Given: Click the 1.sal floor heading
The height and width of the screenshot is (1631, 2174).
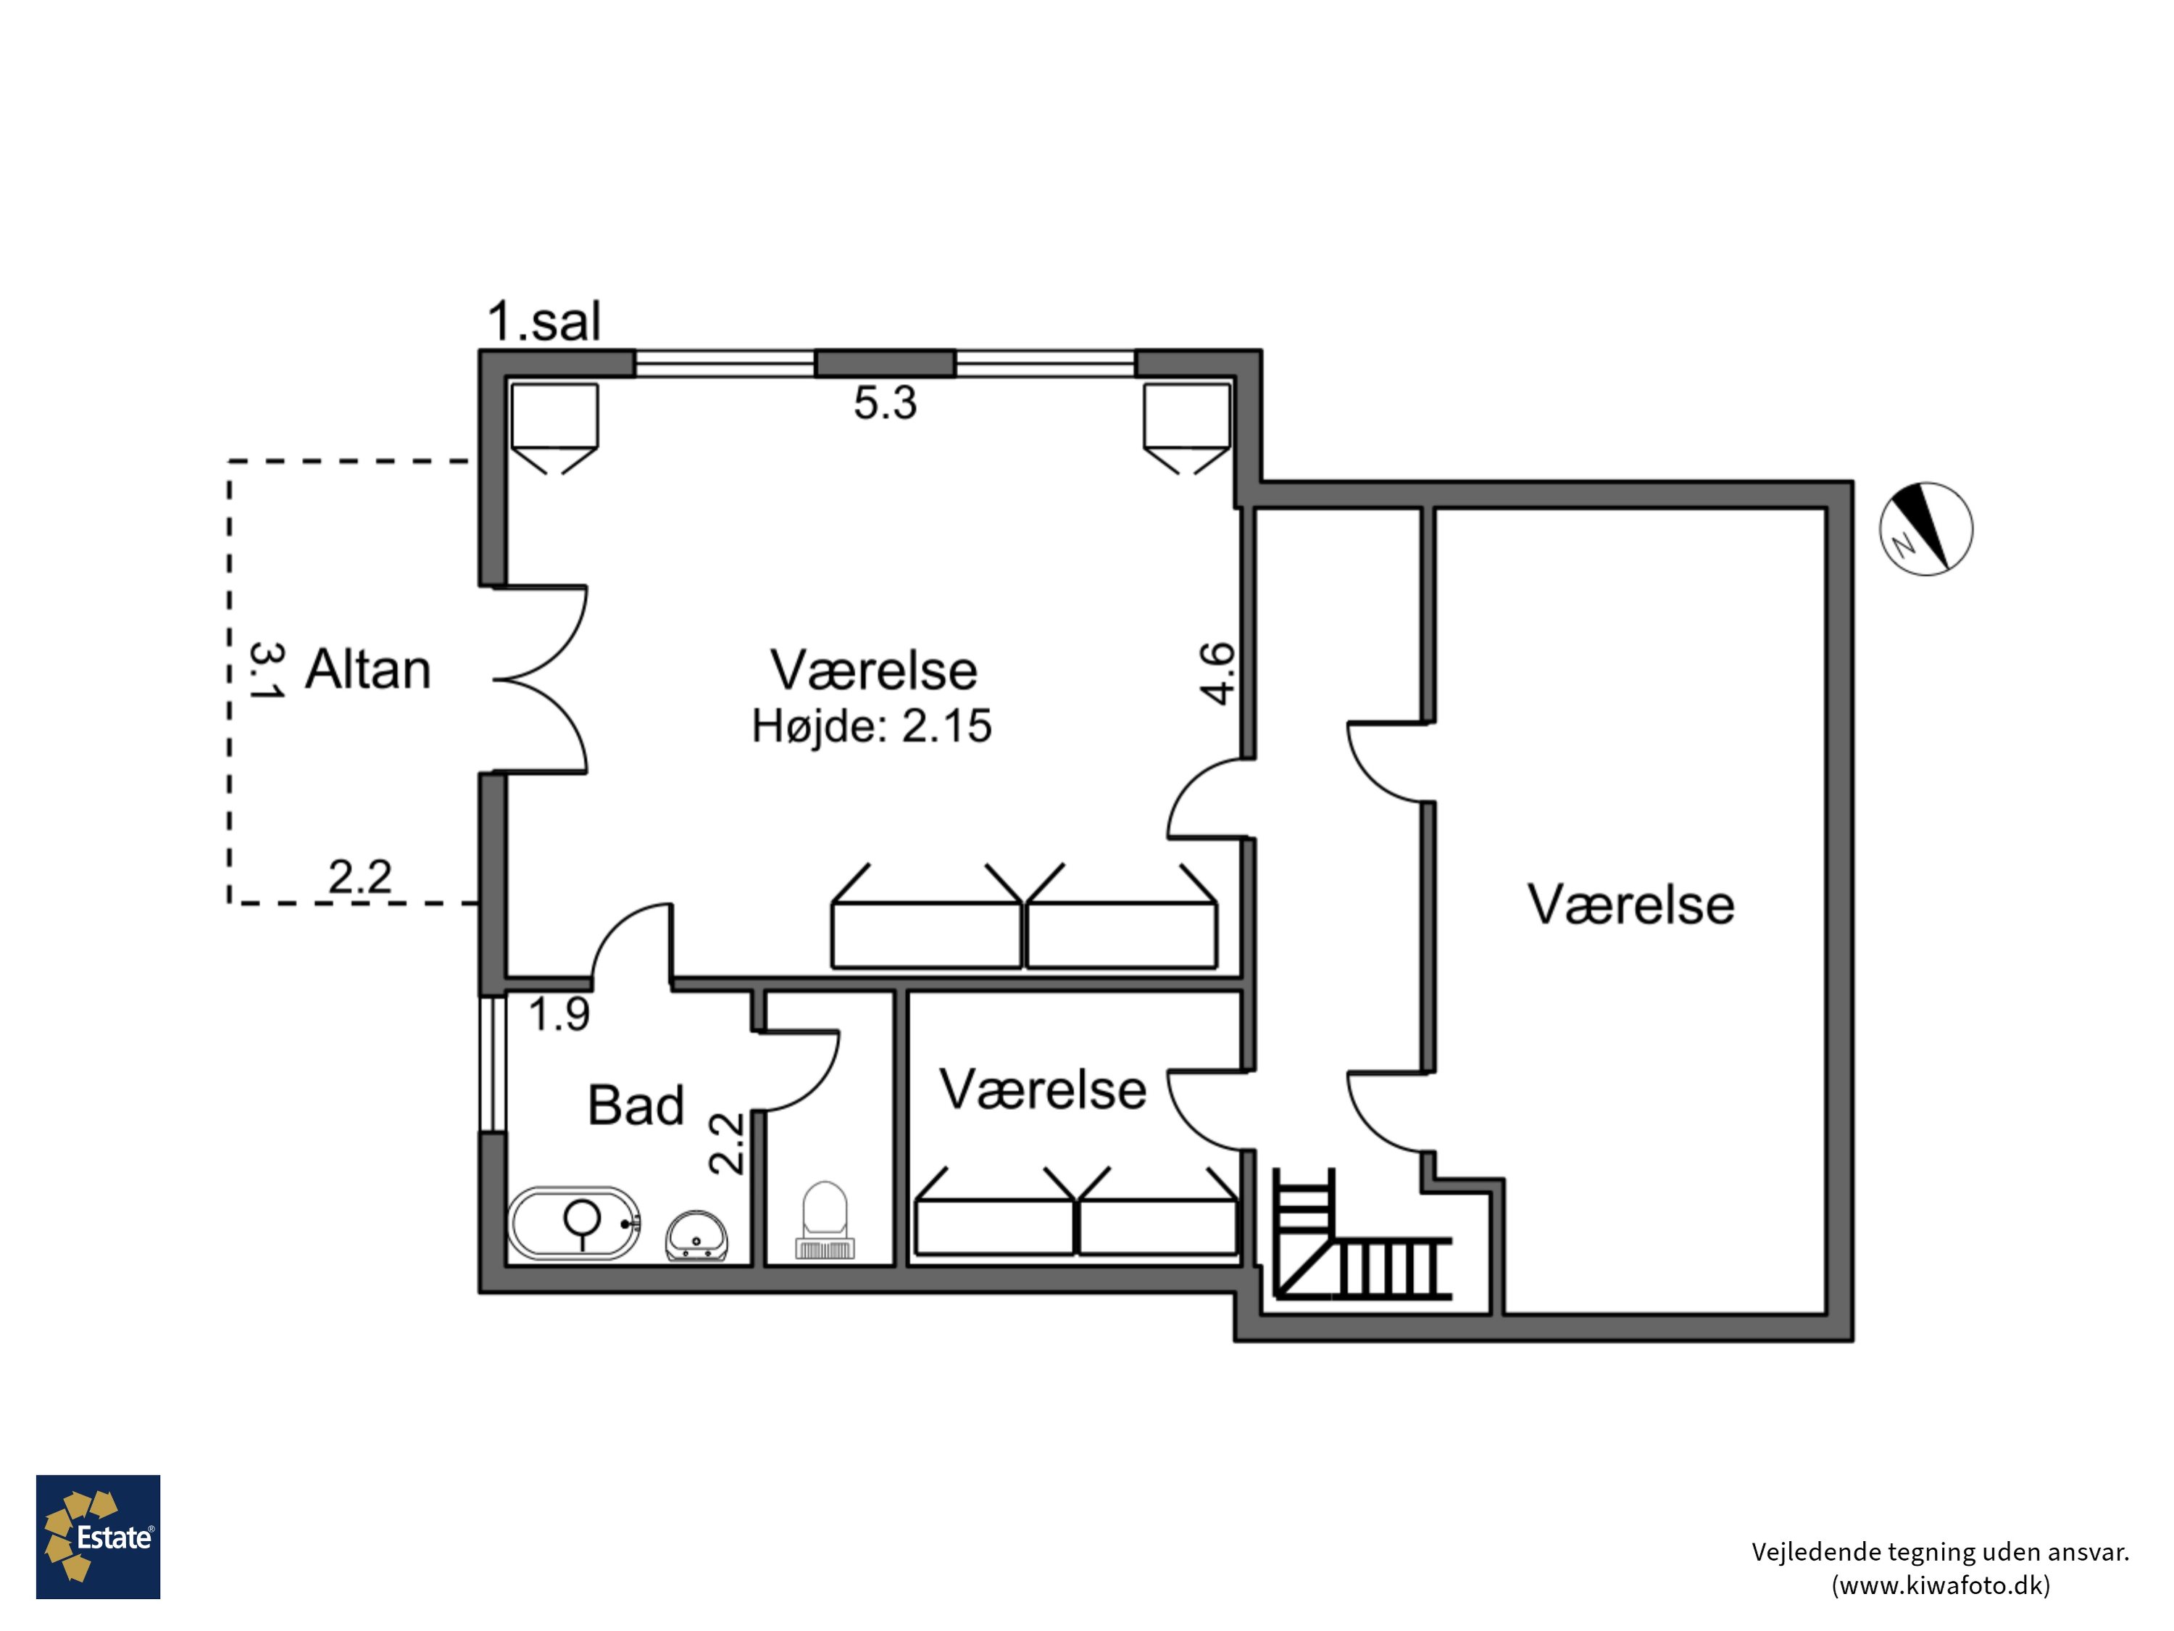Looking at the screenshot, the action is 544,321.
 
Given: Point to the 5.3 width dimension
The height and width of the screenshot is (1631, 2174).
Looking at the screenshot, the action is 885,403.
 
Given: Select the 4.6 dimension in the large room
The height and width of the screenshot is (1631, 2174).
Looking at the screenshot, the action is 1217,673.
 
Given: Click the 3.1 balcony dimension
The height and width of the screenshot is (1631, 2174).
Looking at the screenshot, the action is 265,671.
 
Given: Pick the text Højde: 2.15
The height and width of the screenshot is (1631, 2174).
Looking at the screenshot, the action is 872,726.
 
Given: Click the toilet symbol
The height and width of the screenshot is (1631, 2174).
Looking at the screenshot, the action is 825,1220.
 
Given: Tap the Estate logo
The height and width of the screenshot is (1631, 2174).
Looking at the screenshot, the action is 99,1537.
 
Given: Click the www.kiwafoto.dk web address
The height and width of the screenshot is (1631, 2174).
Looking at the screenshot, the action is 1941,1585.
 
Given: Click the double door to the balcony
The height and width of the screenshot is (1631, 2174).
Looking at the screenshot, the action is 541,679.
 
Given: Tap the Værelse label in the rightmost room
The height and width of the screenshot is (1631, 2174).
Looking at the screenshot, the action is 1630,905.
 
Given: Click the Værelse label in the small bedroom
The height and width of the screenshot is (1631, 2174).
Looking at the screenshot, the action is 1043,1090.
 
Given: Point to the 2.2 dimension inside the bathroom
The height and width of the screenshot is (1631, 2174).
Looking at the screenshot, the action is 726,1142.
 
